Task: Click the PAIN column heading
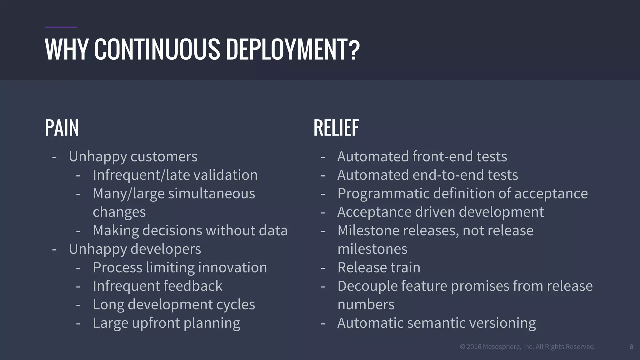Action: (62, 128)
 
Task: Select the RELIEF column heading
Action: (336, 128)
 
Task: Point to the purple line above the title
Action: (61, 27)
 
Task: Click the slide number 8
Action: (631, 347)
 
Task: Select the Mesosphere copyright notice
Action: (527, 347)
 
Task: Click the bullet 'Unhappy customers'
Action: (133, 157)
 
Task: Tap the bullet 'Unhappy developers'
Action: (135, 249)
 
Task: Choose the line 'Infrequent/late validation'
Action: (175, 175)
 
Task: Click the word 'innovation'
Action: (232, 267)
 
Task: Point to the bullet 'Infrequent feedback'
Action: (157, 286)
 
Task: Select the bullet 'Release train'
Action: (379, 267)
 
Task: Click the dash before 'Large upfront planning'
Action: (78, 323)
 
